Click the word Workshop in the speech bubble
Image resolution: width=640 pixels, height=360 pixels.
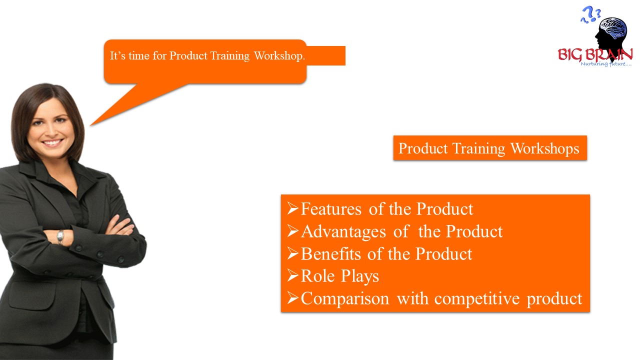tap(279, 55)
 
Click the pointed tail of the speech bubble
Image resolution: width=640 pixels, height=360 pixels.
tap(91, 125)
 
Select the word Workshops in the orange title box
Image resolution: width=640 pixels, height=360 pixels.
tap(545, 148)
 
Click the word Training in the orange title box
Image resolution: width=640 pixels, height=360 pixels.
tap(478, 149)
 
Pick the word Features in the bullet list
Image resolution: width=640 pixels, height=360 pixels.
tap(331, 209)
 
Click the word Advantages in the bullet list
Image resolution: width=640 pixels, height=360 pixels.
tap(343, 231)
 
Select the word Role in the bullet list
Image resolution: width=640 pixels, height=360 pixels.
tap(317, 276)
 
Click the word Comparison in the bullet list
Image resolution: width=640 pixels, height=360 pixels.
tap(345, 299)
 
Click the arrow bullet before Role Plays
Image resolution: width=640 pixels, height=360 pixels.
tap(293, 275)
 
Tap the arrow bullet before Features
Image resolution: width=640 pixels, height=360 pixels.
tap(293, 208)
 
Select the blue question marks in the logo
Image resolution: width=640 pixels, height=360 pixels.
tap(590, 15)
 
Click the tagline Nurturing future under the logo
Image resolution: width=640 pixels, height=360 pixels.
tap(606, 63)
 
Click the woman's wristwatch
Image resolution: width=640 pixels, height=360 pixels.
tap(60, 237)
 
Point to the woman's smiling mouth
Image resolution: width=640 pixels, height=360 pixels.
tap(52, 142)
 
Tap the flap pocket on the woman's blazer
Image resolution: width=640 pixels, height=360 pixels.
tap(32, 295)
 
